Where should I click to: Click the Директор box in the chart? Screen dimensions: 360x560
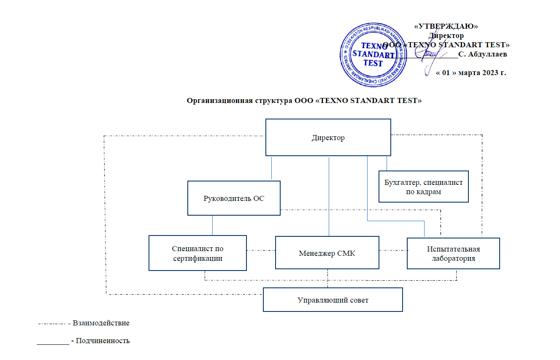(328, 138)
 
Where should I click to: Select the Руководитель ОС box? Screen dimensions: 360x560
(234, 198)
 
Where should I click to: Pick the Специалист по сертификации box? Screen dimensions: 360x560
(197, 253)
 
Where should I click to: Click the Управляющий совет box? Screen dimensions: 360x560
(333, 300)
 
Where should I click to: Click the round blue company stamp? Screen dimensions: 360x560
(373, 54)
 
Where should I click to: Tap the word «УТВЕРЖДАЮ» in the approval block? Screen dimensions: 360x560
(446, 26)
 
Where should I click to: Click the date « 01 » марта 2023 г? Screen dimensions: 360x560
(471, 73)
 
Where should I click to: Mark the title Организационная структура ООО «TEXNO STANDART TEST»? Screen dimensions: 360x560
(304, 100)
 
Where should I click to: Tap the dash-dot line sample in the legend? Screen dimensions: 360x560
(52, 324)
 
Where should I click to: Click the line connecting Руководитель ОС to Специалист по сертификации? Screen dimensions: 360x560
(212, 225)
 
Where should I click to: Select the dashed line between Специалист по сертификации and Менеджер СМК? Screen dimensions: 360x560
(261, 250)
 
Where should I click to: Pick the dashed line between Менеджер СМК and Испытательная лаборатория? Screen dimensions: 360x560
(393, 250)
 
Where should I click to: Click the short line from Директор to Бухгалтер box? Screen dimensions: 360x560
(387, 163)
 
